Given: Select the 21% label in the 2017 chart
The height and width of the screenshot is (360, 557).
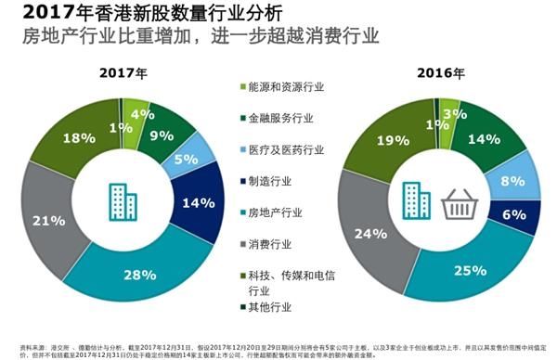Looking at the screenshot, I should (x=47, y=220).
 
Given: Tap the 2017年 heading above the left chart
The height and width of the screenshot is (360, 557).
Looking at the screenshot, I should (x=122, y=71).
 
